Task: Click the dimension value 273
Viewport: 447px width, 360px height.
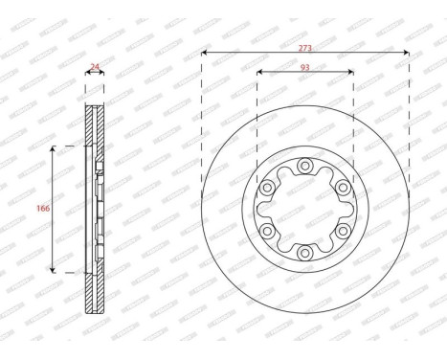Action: coord(305,47)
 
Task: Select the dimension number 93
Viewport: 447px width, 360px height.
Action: coord(305,68)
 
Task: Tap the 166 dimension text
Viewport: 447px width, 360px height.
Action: coord(44,208)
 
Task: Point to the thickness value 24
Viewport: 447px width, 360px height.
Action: coord(94,68)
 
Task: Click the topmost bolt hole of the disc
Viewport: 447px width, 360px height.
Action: coord(305,166)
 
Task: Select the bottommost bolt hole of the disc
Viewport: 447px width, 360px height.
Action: coord(305,253)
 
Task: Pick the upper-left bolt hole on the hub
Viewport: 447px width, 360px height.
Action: coord(267,188)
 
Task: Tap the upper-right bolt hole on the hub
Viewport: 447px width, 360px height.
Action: coord(343,188)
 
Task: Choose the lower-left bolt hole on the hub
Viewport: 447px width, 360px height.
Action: coord(267,231)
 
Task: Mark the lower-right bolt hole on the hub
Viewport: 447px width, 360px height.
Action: coord(343,231)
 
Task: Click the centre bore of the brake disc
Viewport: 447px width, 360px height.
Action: coord(305,209)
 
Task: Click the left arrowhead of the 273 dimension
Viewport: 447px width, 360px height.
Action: coord(204,54)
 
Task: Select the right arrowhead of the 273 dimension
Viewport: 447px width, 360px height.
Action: coord(407,54)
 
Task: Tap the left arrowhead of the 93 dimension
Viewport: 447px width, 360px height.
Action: coord(260,75)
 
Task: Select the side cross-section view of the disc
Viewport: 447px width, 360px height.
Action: coord(93,209)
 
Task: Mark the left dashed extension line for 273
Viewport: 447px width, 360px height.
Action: coord(201,124)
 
